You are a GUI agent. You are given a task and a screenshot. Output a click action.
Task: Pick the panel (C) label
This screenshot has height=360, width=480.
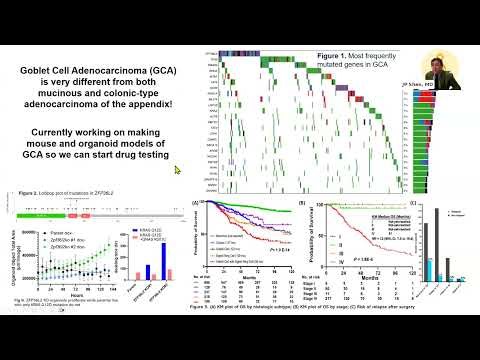click(427, 203)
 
